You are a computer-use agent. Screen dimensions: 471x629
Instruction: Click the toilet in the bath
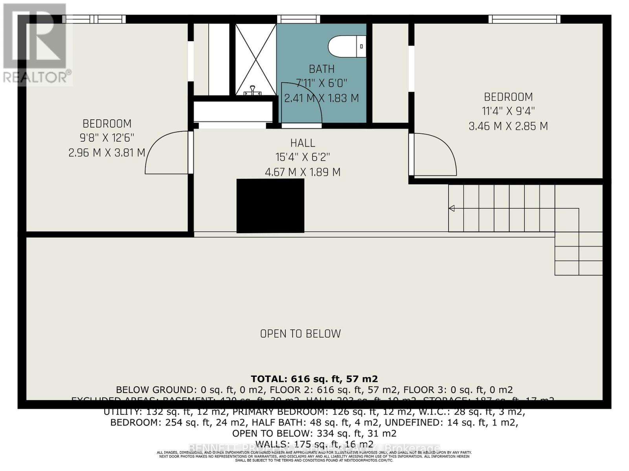point(346,47)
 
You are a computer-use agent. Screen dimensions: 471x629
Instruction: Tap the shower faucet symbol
point(252,91)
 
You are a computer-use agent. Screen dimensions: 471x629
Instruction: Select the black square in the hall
point(270,206)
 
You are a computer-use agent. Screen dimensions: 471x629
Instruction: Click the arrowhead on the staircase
point(452,208)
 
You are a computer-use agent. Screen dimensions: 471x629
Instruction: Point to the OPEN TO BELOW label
point(300,334)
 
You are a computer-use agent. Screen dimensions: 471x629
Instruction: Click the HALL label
point(303,143)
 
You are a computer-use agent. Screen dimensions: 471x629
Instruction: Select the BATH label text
point(322,69)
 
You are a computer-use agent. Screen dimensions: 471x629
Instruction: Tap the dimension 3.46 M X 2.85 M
point(508,126)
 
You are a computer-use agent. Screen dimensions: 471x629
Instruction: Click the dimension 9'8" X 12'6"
point(107,138)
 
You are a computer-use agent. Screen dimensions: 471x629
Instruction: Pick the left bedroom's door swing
point(165,153)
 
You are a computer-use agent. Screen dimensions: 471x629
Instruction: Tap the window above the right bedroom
point(524,19)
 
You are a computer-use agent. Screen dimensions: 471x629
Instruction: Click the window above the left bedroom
point(94,19)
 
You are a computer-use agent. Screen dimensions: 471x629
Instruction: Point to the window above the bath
point(298,19)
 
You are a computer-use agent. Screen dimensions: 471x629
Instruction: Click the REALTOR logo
point(36,43)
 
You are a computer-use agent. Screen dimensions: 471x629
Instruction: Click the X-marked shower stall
point(256,59)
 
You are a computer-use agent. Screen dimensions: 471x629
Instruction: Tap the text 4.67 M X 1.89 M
point(303,172)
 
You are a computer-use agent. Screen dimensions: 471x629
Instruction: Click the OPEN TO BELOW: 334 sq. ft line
point(314,433)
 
